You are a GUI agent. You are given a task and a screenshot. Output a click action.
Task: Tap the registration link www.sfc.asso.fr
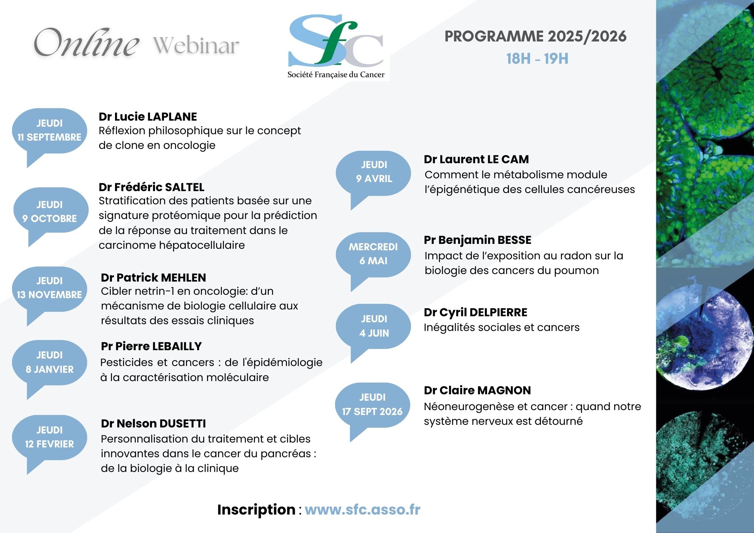pyautogui.click(x=363, y=510)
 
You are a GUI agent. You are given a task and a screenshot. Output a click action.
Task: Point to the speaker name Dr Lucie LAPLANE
pyautogui.click(x=148, y=117)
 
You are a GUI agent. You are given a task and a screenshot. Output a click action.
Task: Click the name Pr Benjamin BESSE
pyautogui.click(x=477, y=240)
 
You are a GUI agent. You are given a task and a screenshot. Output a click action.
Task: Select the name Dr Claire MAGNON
pyautogui.click(x=477, y=391)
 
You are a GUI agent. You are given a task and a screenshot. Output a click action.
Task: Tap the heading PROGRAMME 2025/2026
pyautogui.click(x=535, y=37)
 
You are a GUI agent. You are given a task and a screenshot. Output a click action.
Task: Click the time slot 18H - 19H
pyautogui.click(x=537, y=59)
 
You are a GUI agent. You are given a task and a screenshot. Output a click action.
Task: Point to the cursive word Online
pyautogui.click(x=86, y=43)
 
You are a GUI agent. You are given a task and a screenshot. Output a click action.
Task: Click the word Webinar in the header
pyautogui.click(x=196, y=46)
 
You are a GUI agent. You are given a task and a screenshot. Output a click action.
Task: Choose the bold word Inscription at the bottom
pyautogui.click(x=256, y=510)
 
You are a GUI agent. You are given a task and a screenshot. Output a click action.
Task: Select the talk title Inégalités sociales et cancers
pyautogui.click(x=501, y=327)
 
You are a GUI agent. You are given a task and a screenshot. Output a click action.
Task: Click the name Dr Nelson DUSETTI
pyautogui.click(x=153, y=424)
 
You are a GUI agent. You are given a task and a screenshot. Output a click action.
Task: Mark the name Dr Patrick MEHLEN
pyautogui.click(x=153, y=278)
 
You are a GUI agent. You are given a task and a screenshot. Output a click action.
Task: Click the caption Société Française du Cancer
pyautogui.click(x=336, y=75)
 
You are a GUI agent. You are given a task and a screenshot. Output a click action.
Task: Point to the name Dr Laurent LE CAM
pyautogui.click(x=476, y=159)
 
